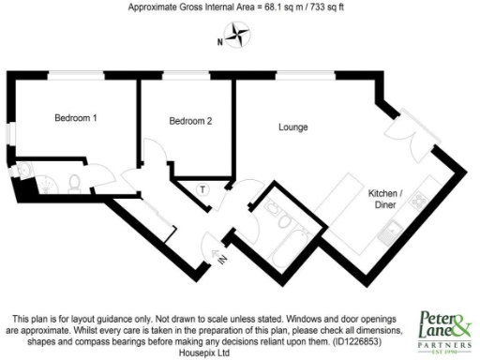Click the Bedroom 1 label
click(x=75, y=118)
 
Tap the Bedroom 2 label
click(x=190, y=121)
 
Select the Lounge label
click(x=293, y=127)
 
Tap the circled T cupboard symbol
click(x=202, y=190)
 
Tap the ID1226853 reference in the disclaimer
click(x=368, y=341)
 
